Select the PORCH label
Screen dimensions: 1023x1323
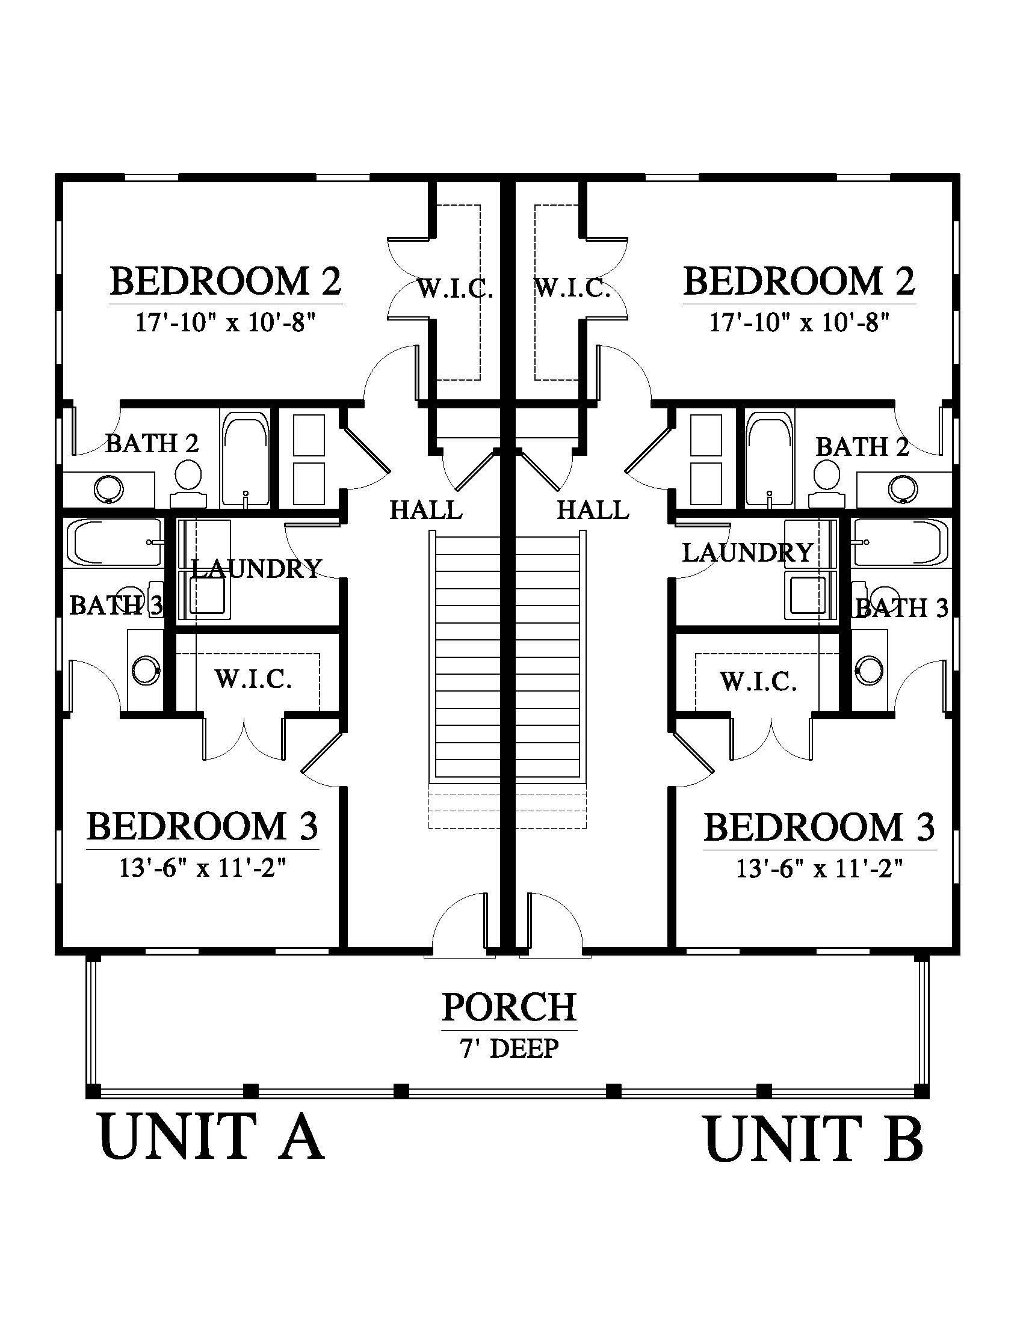pyautogui.click(x=509, y=1006)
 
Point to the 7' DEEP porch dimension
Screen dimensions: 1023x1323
pyautogui.click(x=509, y=1048)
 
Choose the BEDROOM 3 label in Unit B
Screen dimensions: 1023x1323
pyautogui.click(x=820, y=827)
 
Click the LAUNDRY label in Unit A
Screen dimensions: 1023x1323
pyautogui.click(x=256, y=568)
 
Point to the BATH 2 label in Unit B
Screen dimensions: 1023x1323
pyautogui.click(x=862, y=447)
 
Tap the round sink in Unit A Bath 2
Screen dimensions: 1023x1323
pyautogui.click(x=110, y=488)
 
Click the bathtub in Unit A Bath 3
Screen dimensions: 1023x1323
pyautogui.click(x=116, y=542)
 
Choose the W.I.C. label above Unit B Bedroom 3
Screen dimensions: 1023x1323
pyautogui.click(x=758, y=681)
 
